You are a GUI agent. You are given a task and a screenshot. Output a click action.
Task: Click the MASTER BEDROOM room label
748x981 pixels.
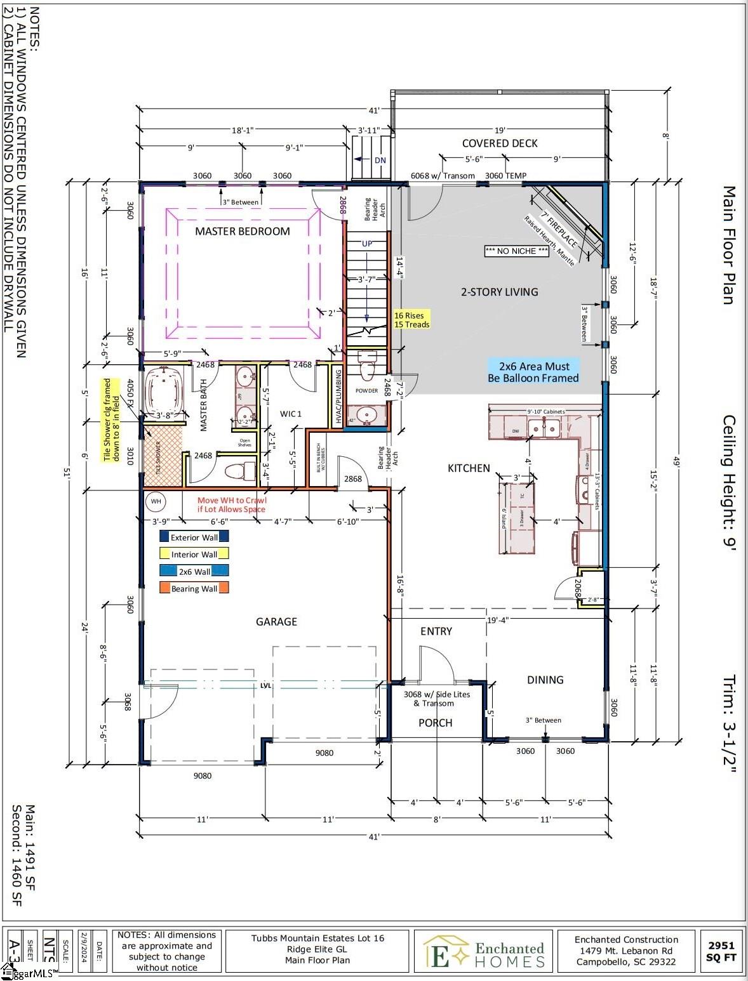(x=242, y=232)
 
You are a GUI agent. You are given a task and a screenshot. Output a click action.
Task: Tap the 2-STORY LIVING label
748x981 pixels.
(x=499, y=292)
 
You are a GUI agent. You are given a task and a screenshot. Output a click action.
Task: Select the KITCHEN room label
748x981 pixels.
(x=469, y=468)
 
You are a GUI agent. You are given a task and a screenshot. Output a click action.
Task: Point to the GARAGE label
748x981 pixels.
(x=276, y=622)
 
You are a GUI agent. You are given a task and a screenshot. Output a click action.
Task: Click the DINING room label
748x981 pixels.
(x=545, y=680)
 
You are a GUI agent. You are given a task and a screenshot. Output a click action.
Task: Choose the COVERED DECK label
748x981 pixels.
(x=500, y=143)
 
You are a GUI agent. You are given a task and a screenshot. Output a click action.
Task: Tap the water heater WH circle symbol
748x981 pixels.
(x=156, y=501)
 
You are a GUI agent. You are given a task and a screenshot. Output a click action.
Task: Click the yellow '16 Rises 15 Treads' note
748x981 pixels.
(x=411, y=320)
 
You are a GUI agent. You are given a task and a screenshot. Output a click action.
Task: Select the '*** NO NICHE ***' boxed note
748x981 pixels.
(x=516, y=251)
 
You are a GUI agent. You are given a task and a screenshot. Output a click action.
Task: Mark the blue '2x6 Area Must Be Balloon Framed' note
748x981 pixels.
(x=533, y=372)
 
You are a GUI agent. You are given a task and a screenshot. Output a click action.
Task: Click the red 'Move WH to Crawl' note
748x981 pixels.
(x=232, y=504)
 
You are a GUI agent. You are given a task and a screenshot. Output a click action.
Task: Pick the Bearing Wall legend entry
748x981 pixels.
(x=194, y=588)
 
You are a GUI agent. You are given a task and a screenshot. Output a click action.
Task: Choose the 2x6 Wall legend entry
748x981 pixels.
(x=194, y=571)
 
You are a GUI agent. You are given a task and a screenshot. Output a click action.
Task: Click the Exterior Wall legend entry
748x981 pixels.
(x=194, y=537)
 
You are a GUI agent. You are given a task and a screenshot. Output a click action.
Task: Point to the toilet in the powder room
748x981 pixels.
(x=368, y=366)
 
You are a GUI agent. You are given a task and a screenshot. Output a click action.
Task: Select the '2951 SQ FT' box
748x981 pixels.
(x=721, y=951)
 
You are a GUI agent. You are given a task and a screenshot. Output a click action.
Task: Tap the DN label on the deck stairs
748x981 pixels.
(x=380, y=161)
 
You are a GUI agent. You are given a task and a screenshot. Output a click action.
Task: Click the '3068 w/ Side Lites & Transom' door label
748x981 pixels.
(x=437, y=699)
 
